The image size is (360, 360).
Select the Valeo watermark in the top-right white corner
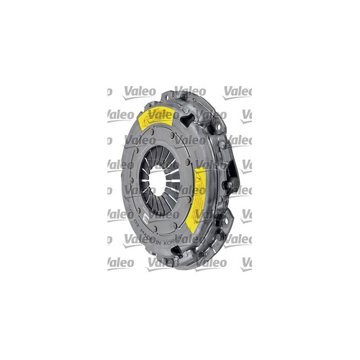point(237,92)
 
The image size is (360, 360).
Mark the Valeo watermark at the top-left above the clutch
point(139,92)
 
